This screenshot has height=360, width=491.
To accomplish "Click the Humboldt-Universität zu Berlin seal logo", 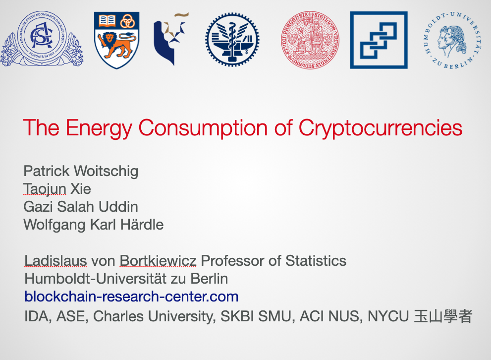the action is pos(453,40).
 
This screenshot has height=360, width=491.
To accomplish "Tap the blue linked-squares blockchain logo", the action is pos(379,40).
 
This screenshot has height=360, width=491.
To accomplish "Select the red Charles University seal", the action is pos(310,40).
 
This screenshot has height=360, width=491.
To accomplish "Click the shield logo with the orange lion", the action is pos(117,40).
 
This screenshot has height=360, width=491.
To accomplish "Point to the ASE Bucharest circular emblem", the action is pos(42,39).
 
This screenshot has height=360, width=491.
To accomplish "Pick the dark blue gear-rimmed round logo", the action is pos(232,40).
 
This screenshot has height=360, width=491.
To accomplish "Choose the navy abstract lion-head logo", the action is pos(171,39).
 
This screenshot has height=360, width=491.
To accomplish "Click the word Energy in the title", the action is pos(99,128).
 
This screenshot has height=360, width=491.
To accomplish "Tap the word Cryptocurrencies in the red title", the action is pos(381,128).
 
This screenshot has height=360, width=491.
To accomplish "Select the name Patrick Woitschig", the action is pos(81,172).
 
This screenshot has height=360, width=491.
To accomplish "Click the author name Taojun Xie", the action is pos(57,189).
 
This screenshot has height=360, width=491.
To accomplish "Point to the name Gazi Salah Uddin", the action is pos(81,207).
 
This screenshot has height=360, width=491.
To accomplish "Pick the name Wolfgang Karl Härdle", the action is pos(94,225).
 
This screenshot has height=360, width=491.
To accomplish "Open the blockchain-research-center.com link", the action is pos(131,297).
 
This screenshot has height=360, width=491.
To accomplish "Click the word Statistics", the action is pos(316,261).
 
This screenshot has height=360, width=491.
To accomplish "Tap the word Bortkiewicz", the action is pos(158,261).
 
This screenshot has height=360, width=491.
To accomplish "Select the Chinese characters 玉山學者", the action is pos(443,316).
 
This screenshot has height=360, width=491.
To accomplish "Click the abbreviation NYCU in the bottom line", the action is pos(388,316).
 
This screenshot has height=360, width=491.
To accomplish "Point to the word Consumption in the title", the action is pos(203,128).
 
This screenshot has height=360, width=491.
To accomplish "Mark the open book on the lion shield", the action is pos(107,21).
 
